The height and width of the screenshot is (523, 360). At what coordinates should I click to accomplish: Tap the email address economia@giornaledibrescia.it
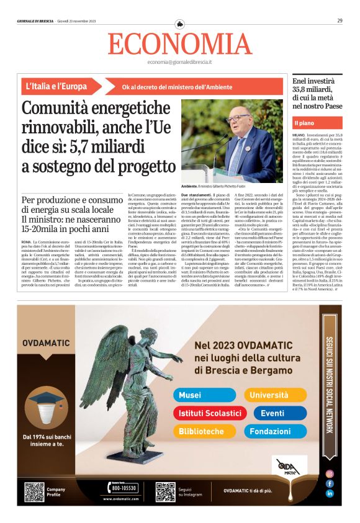[179, 62]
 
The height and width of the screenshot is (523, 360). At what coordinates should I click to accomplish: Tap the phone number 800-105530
[124, 488]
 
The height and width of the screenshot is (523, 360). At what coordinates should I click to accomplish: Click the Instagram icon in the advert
[330, 473]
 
